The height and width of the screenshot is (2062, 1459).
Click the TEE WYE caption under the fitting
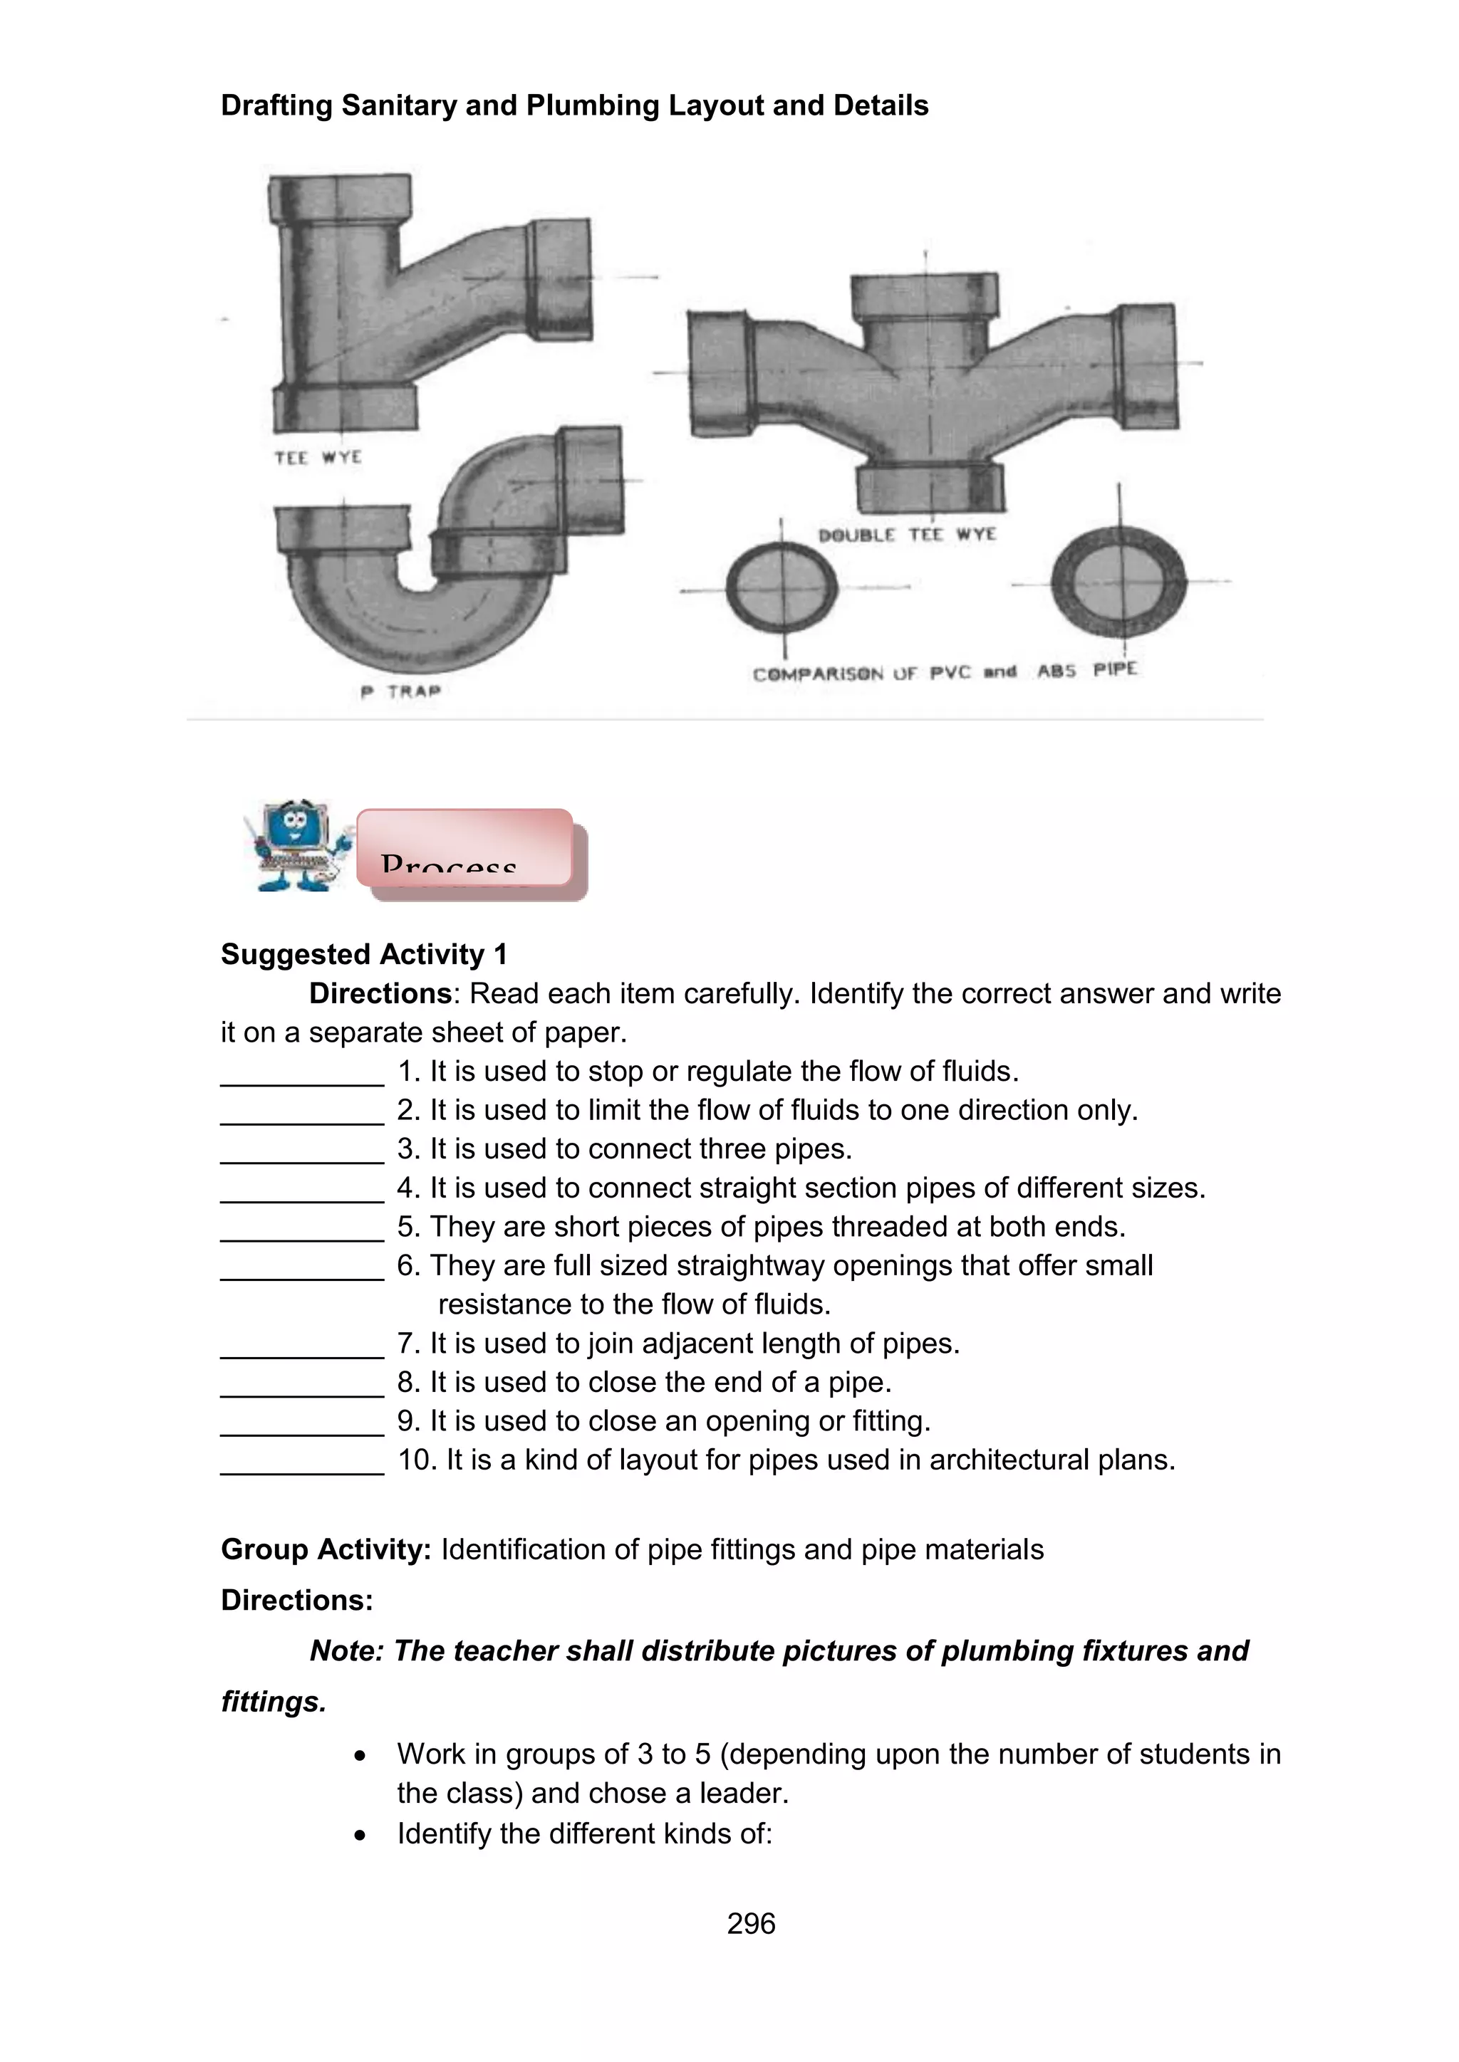[x=318, y=458]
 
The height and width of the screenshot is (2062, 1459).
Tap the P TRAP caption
[x=400, y=691]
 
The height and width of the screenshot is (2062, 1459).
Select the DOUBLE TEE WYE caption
[x=906, y=535]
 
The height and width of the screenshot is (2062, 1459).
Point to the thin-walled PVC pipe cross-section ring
[x=781, y=588]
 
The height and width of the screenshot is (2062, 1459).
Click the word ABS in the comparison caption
[x=1056, y=671]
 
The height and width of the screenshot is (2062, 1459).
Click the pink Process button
[x=464, y=849]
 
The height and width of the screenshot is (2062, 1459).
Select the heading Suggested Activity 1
[x=364, y=954]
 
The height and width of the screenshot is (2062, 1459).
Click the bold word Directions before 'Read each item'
[x=379, y=993]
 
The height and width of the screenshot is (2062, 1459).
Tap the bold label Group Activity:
[x=326, y=1549]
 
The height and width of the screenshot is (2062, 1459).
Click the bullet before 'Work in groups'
[x=360, y=1756]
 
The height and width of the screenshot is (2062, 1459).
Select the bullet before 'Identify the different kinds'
[x=360, y=1835]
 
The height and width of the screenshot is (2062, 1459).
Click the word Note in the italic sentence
[x=345, y=1650]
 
